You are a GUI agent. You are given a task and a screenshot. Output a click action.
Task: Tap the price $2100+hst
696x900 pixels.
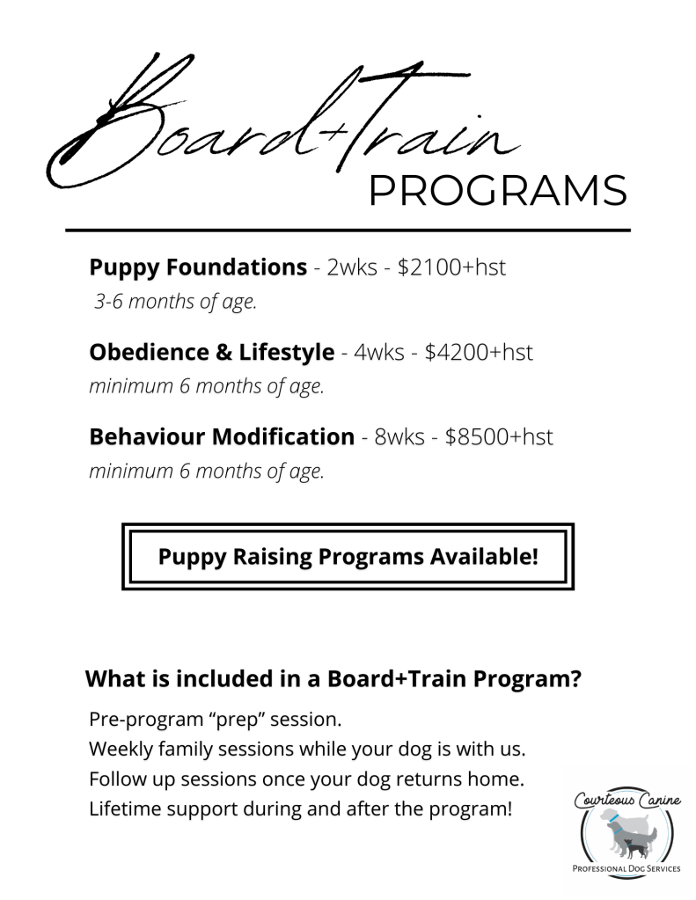451,267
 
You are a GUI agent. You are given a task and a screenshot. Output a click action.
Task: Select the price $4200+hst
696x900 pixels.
479,352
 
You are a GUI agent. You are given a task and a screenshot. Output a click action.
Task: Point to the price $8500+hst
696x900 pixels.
499,436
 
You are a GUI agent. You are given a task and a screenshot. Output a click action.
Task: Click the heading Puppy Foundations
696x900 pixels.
197,267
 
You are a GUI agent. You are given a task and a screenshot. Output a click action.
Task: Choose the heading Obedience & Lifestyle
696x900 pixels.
211,352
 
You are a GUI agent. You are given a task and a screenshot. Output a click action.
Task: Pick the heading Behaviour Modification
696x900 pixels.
221,436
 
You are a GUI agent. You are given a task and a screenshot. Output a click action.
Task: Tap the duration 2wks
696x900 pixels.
351,267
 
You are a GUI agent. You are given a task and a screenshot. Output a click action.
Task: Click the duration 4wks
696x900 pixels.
378,352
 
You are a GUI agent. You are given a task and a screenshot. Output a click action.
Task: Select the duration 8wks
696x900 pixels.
400,436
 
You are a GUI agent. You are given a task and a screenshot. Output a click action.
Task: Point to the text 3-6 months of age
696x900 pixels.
176,304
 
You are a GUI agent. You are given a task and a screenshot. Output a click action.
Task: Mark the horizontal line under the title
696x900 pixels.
348,230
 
